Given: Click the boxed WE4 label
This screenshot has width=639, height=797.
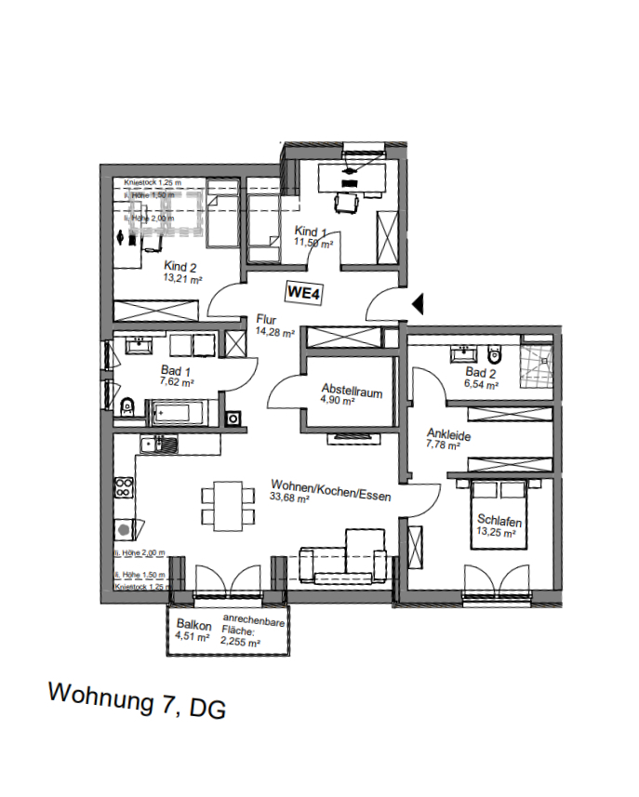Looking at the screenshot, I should point(303,292).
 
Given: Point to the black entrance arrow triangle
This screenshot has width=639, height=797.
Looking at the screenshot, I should point(418,302).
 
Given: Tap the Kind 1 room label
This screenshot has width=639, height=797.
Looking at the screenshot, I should point(312,232).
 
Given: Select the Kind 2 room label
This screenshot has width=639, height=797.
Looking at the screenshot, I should point(182,265).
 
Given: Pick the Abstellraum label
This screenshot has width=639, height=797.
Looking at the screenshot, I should point(352,390).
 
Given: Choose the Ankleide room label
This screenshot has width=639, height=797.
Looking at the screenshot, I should point(447,433).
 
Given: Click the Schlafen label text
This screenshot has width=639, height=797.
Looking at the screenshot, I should point(499,520).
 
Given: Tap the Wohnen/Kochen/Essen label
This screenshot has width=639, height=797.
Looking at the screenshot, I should point(330,490).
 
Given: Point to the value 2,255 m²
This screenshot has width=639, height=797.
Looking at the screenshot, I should point(241,642).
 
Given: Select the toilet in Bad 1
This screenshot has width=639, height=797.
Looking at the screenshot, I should point(127,405).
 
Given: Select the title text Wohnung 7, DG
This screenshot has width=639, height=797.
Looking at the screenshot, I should point(137,700).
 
